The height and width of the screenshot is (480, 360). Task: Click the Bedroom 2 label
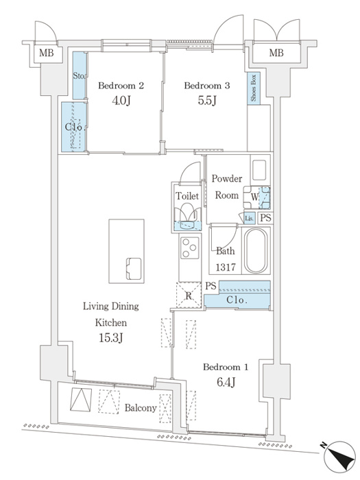[x=121, y=86]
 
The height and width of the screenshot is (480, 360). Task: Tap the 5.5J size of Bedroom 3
[x=207, y=100]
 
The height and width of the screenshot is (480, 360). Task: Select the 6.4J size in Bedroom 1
[x=226, y=382]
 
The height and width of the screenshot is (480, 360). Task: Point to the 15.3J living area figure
[x=111, y=337]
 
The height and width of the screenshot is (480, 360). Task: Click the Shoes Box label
[x=254, y=88]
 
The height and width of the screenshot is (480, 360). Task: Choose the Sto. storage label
[x=79, y=75]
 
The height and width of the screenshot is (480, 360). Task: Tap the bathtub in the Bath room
[x=255, y=251]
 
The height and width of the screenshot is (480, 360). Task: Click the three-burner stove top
[x=190, y=248]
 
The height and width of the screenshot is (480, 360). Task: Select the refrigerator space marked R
[x=189, y=295]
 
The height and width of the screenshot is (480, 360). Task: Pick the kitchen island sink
[x=134, y=269]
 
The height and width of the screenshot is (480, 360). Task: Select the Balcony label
[x=141, y=408]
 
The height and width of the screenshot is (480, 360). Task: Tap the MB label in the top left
[x=46, y=53]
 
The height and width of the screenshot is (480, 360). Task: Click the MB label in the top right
[x=276, y=53]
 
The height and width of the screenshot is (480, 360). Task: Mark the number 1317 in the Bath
[x=226, y=267]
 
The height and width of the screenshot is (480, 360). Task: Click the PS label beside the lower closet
[x=211, y=286]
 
